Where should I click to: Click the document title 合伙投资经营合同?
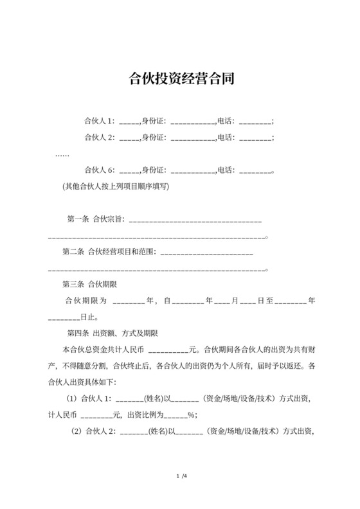[181, 79]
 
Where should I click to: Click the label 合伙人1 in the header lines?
[99, 120]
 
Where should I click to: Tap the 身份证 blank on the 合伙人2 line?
[192, 138]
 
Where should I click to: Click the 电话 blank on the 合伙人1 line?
[255, 121]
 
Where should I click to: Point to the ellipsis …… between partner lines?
[62, 154]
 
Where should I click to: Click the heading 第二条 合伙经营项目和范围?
[109, 251]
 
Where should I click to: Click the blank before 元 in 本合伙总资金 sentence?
[169, 351]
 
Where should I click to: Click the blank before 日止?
[64, 317]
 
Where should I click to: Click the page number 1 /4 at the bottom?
[181, 476]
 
